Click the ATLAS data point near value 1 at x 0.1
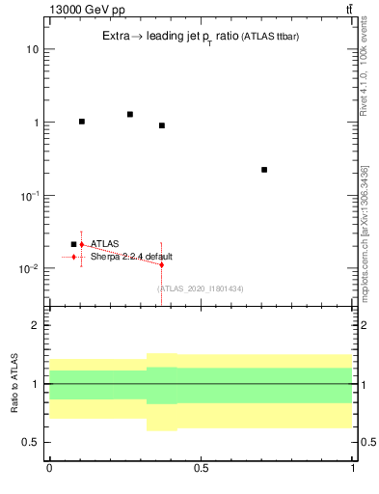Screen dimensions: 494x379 (x=82, y=122)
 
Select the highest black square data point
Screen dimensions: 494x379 (x=130, y=114)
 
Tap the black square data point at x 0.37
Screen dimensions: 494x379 (x=162, y=125)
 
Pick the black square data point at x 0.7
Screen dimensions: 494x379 (x=264, y=170)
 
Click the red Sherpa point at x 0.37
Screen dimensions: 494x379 (x=162, y=264)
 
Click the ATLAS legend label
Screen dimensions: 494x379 (x=105, y=245)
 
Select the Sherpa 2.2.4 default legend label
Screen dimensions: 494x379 (x=131, y=257)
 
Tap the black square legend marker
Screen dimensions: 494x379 (x=73, y=245)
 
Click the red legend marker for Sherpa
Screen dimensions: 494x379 (x=73, y=258)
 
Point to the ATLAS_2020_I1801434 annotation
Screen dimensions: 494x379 (x=200, y=288)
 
